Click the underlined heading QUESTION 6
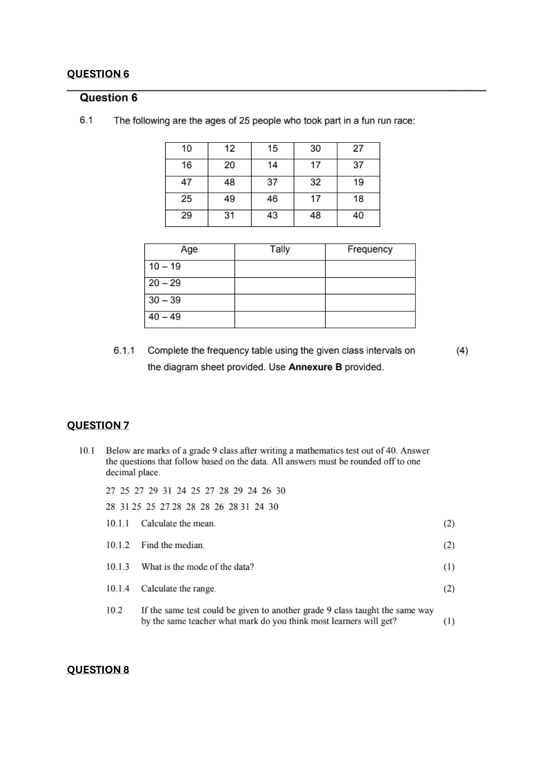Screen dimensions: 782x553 click(x=98, y=74)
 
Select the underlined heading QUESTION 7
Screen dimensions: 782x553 click(x=98, y=425)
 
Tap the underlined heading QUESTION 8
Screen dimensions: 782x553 click(x=98, y=670)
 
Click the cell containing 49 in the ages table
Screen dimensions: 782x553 click(x=229, y=199)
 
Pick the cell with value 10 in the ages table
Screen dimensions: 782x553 click(x=186, y=149)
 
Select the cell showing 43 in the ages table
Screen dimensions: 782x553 click(x=272, y=216)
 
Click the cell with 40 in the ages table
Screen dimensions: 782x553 click(x=358, y=216)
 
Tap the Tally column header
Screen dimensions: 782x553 click(x=280, y=250)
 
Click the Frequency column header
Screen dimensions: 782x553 click(x=370, y=250)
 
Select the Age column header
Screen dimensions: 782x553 click(x=189, y=250)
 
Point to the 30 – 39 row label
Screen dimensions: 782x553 click(x=164, y=300)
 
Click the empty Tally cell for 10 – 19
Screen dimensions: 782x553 click(x=280, y=269)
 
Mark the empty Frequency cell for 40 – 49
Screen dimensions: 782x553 click(x=370, y=320)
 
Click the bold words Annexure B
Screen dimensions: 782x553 click(x=315, y=367)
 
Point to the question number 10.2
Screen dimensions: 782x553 click(x=114, y=610)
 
